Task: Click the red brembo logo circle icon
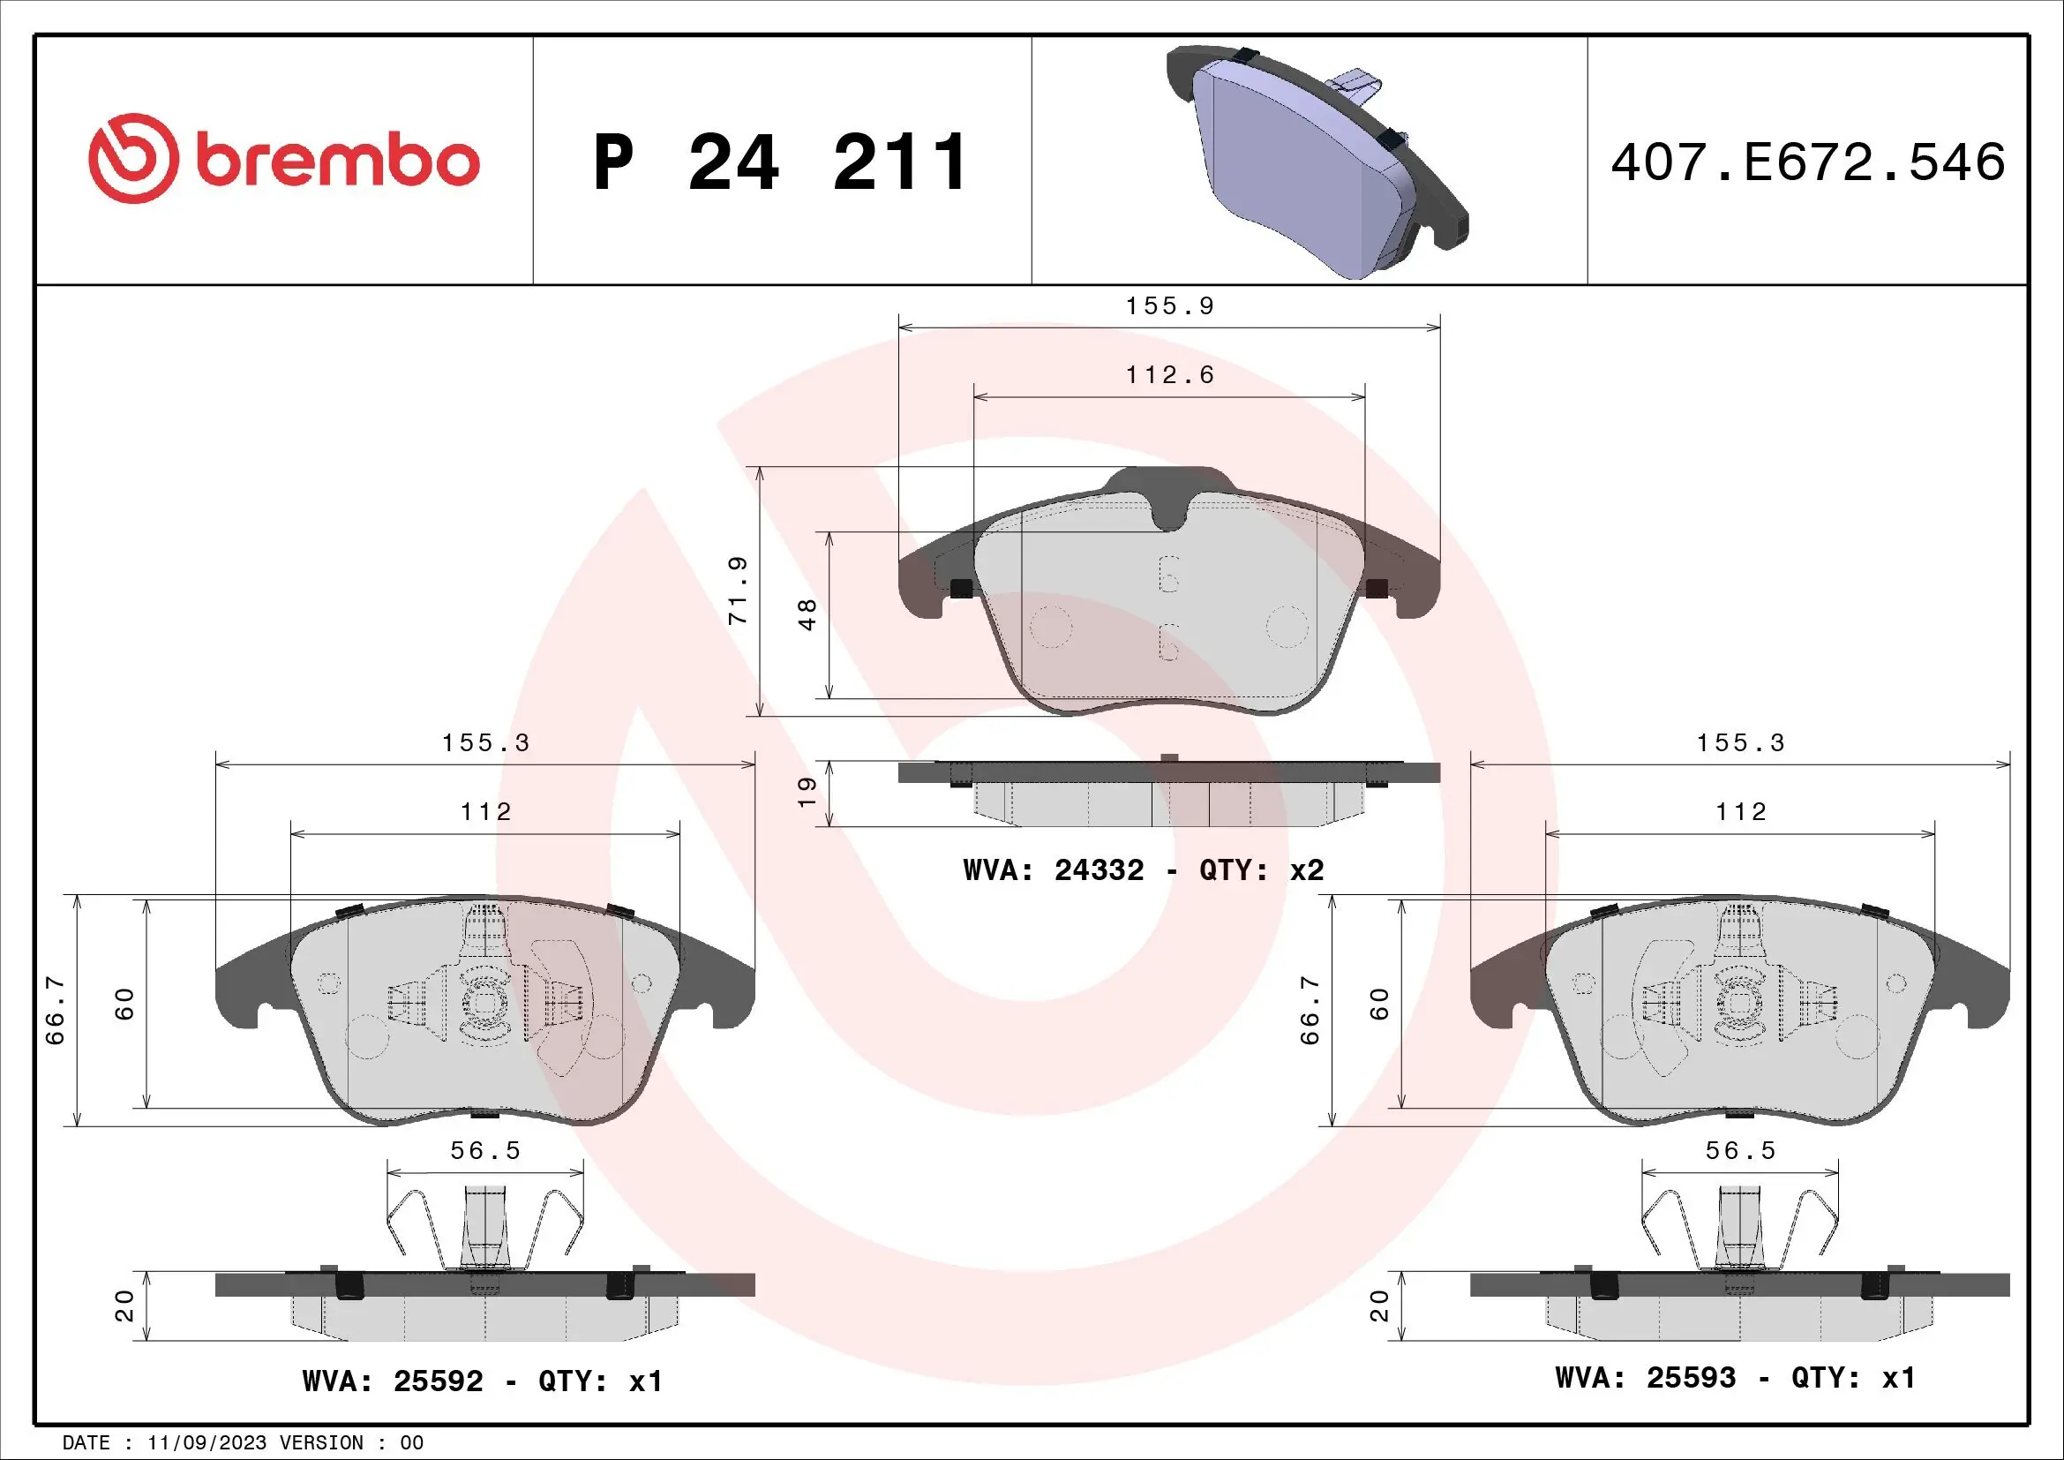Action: tap(131, 158)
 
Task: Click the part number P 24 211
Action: tap(780, 162)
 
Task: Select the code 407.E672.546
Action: tap(1808, 162)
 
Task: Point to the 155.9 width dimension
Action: tap(1169, 306)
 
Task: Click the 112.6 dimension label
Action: tap(1169, 375)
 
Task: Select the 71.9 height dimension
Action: tap(738, 591)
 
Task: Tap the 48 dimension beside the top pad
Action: tap(807, 614)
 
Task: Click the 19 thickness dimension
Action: tap(807, 791)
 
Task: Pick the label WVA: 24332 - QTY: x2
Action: tap(1143, 870)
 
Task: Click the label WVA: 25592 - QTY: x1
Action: tap(482, 1381)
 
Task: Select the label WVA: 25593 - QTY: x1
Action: tap(1735, 1378)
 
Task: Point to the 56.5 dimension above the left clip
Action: tap(485, 1152)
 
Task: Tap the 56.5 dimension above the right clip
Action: tap(1740, 1152)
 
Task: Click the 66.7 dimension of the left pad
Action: tap(56, 1011)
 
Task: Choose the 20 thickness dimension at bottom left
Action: tap(125, 1306)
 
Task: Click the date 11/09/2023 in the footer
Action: tap(206, 1443)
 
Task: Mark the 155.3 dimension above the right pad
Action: tap(1740, 743)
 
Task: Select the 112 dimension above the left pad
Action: tap(485, 812)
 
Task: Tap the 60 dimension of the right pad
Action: tap(1380, 1004)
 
